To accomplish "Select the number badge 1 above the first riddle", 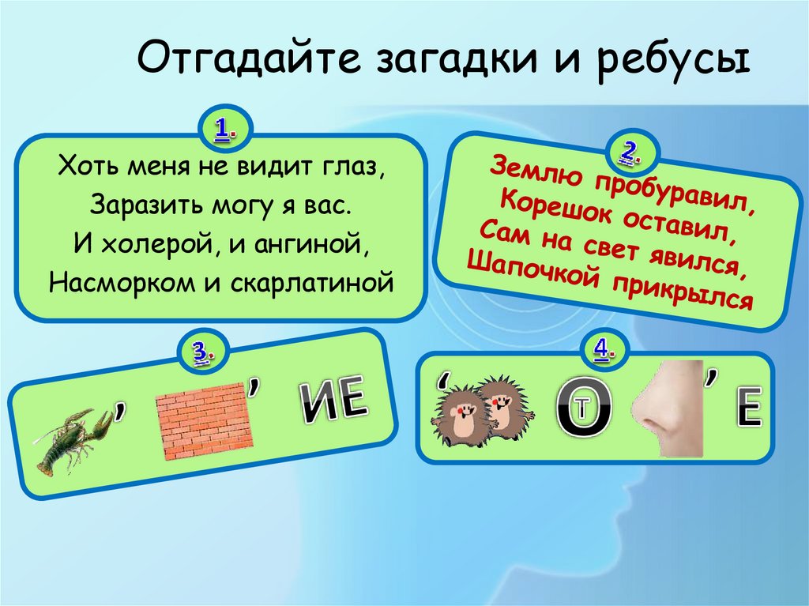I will pyautogui.click(x=224, y=126).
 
